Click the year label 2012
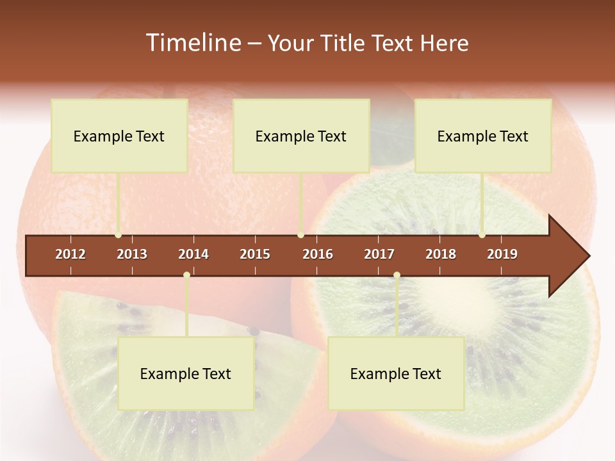pos(70,254)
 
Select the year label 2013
pos(132,254)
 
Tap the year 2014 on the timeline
pos(193,254)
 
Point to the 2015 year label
pos(255,254)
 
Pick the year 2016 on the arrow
pos(318,254)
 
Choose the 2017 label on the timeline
pos(379,254)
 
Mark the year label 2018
pos(441,254)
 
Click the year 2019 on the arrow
pos(502,254)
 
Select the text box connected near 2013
pos(119,136)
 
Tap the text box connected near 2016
pos(301,136)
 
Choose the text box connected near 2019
pos(483,136)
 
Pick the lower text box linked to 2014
pos(186,374)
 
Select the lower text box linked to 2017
pos(396,374)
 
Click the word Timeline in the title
pos(192,43)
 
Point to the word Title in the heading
pos(345,43)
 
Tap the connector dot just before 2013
pos(118,235)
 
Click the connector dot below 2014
pos(186,275)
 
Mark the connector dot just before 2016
pos(300,235)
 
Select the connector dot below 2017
pos(397,275)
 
